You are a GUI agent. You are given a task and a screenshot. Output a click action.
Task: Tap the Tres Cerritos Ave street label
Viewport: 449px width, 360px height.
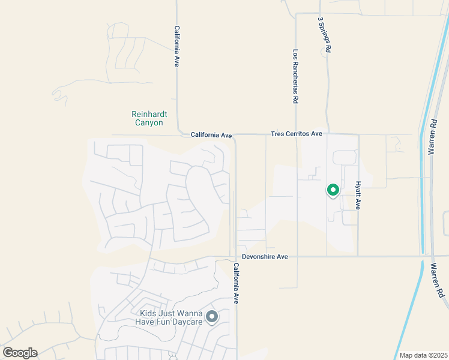click(x=297, y=134)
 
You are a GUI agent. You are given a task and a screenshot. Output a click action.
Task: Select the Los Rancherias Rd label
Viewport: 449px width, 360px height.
click(x=296, y=77)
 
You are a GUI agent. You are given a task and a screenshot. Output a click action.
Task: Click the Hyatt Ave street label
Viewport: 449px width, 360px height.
click(x=358, y=195)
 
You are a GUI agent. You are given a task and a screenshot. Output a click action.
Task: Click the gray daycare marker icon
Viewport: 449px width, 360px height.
click(x=211, y=316)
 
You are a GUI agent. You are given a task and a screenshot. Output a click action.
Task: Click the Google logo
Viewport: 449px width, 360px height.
click(x=20, y=352)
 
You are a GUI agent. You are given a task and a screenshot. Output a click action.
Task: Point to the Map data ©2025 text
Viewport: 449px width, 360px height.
click(x=423, y=355)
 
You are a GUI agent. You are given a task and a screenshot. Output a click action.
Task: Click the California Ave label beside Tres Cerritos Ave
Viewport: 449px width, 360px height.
click(x=211, y=136)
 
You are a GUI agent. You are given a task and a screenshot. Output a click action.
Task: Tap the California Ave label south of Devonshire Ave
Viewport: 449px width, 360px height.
click(x=237, y=283)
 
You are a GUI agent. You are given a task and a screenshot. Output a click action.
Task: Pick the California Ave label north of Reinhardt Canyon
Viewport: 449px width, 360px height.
click(x=177, y=46)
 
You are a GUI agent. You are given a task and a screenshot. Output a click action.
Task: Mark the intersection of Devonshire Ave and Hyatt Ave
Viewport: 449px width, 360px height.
click(x=358, y=257)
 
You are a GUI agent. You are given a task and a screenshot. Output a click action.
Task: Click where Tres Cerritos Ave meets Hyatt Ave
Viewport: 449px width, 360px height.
click(x=358, y=134)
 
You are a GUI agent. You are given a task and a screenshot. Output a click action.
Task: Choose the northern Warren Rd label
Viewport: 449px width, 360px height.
click(x=432, y=137)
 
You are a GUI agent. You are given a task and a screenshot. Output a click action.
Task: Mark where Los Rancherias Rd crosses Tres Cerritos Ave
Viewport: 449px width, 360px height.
click(x=296, y=134)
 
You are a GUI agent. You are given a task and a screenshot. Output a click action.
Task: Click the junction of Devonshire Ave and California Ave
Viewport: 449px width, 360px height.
click(x=235, y=257)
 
